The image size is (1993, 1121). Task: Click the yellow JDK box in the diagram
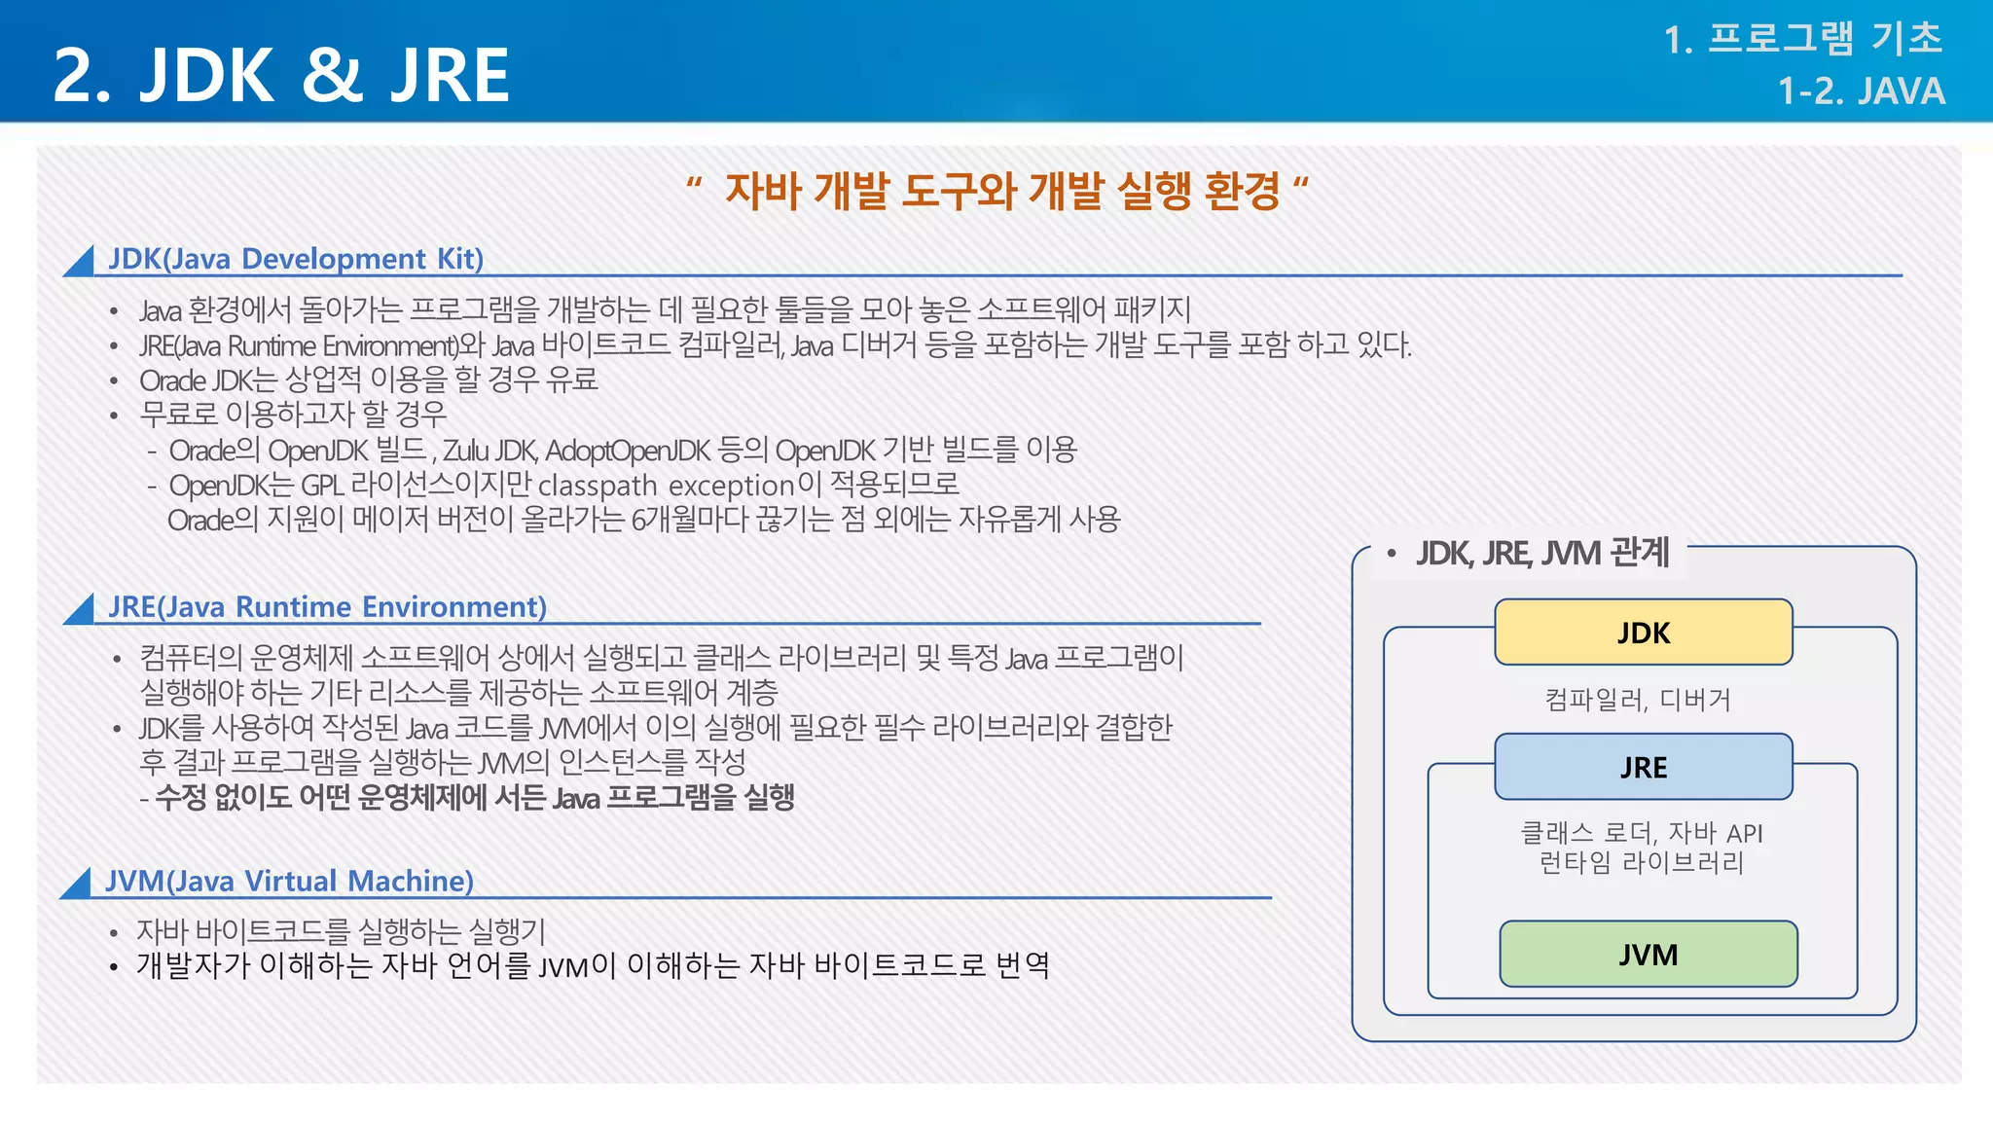click(1643, 633)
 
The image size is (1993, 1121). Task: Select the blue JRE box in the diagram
click(1643, 767)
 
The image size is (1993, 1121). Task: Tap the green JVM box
click(1648, 954)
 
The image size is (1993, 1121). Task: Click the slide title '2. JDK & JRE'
click(281, 75)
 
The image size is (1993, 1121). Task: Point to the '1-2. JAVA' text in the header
click(1861, 91)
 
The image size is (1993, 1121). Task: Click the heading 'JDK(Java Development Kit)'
click(296, 259)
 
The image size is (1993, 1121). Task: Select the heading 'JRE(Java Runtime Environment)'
click(327, 607)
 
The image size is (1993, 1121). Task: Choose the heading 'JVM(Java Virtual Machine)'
click(289, 882)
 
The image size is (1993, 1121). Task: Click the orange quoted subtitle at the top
click(997, 190)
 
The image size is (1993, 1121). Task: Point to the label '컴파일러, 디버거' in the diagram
click(1638, 700)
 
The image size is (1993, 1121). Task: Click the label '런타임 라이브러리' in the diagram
click(1641, 863)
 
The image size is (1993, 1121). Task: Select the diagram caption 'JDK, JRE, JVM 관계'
click(1541, 553)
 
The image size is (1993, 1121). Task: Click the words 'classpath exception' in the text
click(666, 486)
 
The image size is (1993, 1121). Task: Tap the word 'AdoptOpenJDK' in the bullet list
click(628, 451)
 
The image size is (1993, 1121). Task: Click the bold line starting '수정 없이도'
click(474, 798)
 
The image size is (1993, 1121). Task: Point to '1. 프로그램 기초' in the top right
click(1802, 39)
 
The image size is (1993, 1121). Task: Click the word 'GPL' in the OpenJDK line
click(321, 486)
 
